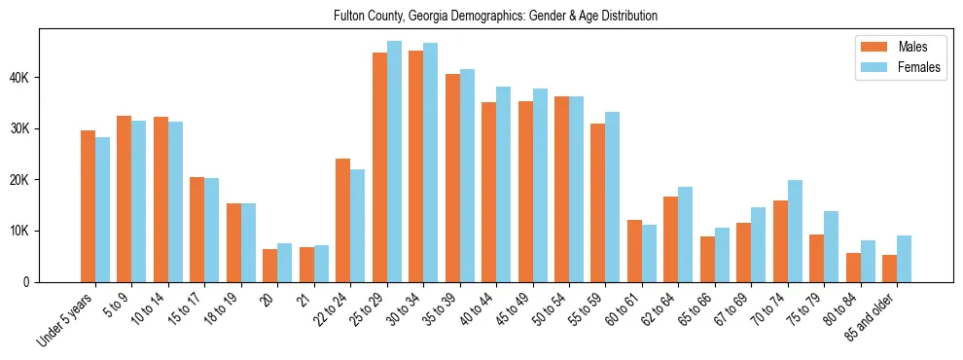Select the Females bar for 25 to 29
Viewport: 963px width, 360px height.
click(394, 162)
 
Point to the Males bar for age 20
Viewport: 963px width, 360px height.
click(270, 266)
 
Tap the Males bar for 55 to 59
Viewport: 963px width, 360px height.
click(598, 202)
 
